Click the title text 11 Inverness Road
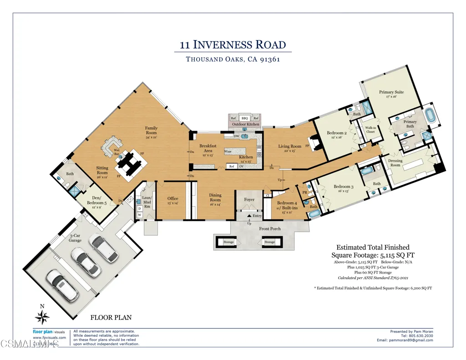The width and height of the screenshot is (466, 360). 233,45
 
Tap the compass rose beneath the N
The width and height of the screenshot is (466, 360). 42,317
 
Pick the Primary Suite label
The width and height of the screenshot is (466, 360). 391,94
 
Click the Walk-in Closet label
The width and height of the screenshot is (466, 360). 370,130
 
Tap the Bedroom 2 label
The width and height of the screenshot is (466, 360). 337,135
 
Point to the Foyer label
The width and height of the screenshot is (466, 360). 249,199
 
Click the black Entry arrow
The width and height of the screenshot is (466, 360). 249,216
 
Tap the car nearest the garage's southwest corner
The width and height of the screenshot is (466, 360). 60,285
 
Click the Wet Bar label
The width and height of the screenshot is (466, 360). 117,152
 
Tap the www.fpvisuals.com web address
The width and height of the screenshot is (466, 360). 49,338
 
